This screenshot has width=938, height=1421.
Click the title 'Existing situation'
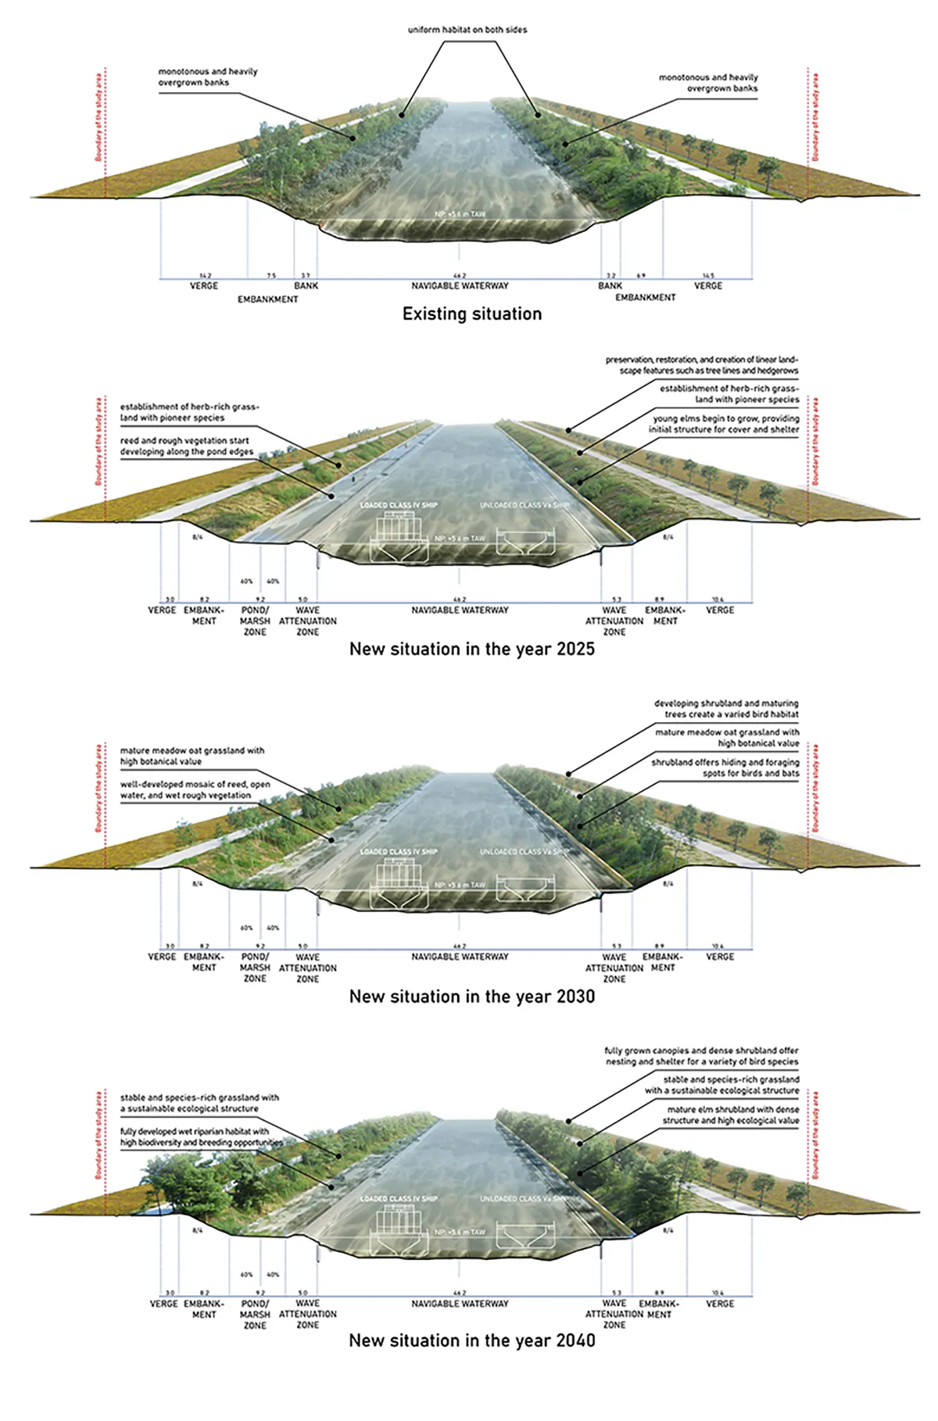471,313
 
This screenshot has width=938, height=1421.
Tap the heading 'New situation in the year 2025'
471,649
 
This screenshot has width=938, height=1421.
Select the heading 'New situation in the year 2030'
471,997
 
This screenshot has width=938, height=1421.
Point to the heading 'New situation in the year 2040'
471,1340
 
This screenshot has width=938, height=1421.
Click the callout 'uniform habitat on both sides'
467,30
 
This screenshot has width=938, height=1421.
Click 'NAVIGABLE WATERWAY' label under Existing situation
460,286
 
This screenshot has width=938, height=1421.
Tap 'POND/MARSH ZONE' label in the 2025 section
255,621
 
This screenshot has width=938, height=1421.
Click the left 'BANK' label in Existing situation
306,286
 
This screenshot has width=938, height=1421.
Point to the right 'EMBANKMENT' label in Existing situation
645,298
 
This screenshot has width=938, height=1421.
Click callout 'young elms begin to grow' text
725,424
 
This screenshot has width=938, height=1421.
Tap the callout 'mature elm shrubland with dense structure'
732,1115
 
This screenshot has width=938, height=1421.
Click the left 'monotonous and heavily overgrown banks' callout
207,77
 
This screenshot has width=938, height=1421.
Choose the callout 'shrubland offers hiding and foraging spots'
725,768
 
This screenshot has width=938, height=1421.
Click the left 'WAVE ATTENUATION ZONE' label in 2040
307,1314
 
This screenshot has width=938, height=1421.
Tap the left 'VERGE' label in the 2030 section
163,957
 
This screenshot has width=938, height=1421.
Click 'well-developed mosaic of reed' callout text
195,789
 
